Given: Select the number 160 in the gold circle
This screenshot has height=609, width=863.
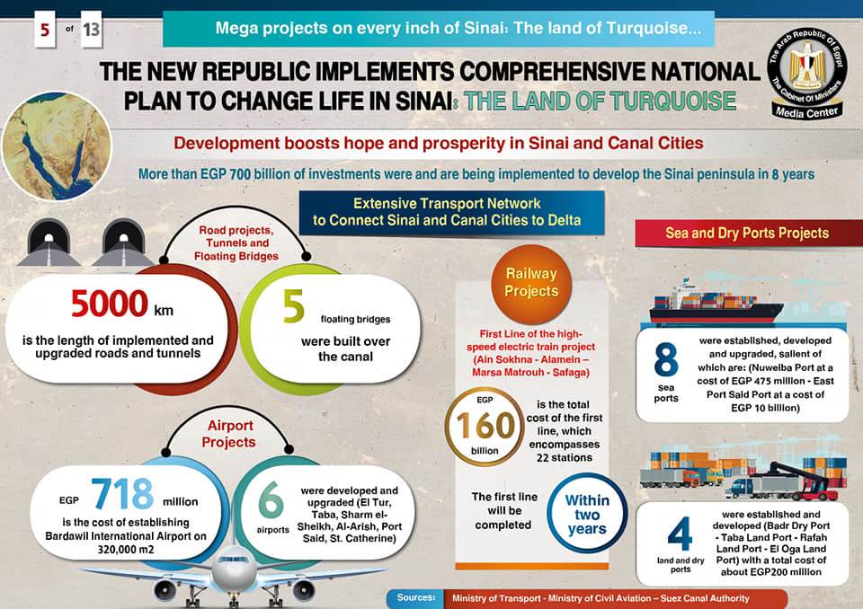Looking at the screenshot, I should pyautogui.click(x=485, y=427).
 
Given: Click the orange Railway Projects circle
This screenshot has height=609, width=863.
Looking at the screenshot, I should pyautogui.click(x=530, y=282).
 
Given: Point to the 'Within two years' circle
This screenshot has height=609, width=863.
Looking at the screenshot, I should pyautogui.click(x=588, y=512).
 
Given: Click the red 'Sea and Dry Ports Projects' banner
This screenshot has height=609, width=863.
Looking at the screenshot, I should pyautogui.click(x=747, y=233).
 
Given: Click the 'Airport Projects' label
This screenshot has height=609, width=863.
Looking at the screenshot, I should pyautogui.click(x=228, y=433).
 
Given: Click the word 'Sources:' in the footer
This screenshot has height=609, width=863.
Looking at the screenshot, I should pyautogui.click(x=416, y=596).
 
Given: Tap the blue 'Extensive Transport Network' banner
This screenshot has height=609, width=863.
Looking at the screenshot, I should pyautogui.click(x=447, y=212).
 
